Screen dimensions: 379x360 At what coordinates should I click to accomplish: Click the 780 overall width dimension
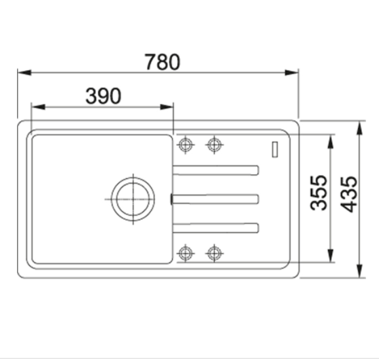[x=162, y=62]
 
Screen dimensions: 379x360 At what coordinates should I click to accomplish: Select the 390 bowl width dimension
[x=103, y=96]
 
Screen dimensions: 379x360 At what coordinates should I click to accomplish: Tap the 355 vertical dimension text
[x=318, y=193]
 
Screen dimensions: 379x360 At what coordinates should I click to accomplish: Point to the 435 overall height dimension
[x=348, y=194]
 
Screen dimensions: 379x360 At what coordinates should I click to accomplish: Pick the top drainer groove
[x=216, y=170]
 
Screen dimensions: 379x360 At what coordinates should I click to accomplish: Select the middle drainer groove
[x=215, y=199]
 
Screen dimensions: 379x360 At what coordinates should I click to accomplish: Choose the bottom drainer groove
[x=216, y=228]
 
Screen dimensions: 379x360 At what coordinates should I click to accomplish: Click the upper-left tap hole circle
[x=185, y=145]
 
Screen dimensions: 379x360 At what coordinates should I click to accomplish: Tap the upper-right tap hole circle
[x=214, y=145]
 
